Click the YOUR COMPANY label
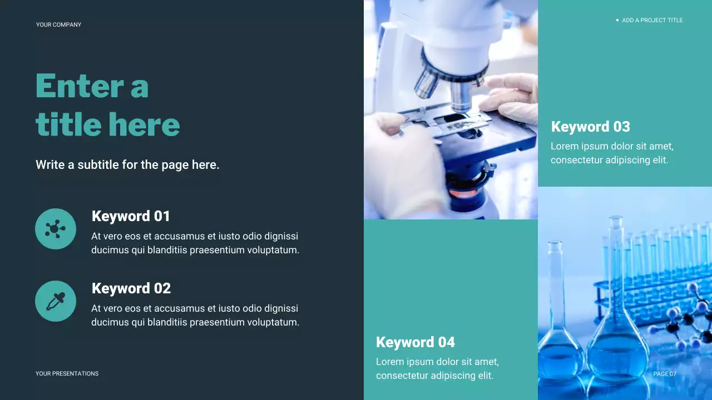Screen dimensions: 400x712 coord(58,24)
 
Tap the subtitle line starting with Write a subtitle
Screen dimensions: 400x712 coord(127,165)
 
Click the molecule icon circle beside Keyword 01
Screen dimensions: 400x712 coord(56,229)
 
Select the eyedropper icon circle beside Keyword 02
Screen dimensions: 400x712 coord(56,301)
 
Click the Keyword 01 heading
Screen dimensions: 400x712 coord(131,216)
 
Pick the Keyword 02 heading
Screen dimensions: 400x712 coord(131,288)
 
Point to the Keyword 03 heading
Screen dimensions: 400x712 coord(590,127)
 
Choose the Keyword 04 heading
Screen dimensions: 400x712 coord(415,342)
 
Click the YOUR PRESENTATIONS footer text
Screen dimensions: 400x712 coord(67,374)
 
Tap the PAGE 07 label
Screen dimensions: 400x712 coord(665,374)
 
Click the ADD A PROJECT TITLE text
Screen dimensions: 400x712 coord(652,21)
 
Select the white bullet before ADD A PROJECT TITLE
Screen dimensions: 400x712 coord(617,21)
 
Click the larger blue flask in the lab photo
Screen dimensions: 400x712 coord(617,333)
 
